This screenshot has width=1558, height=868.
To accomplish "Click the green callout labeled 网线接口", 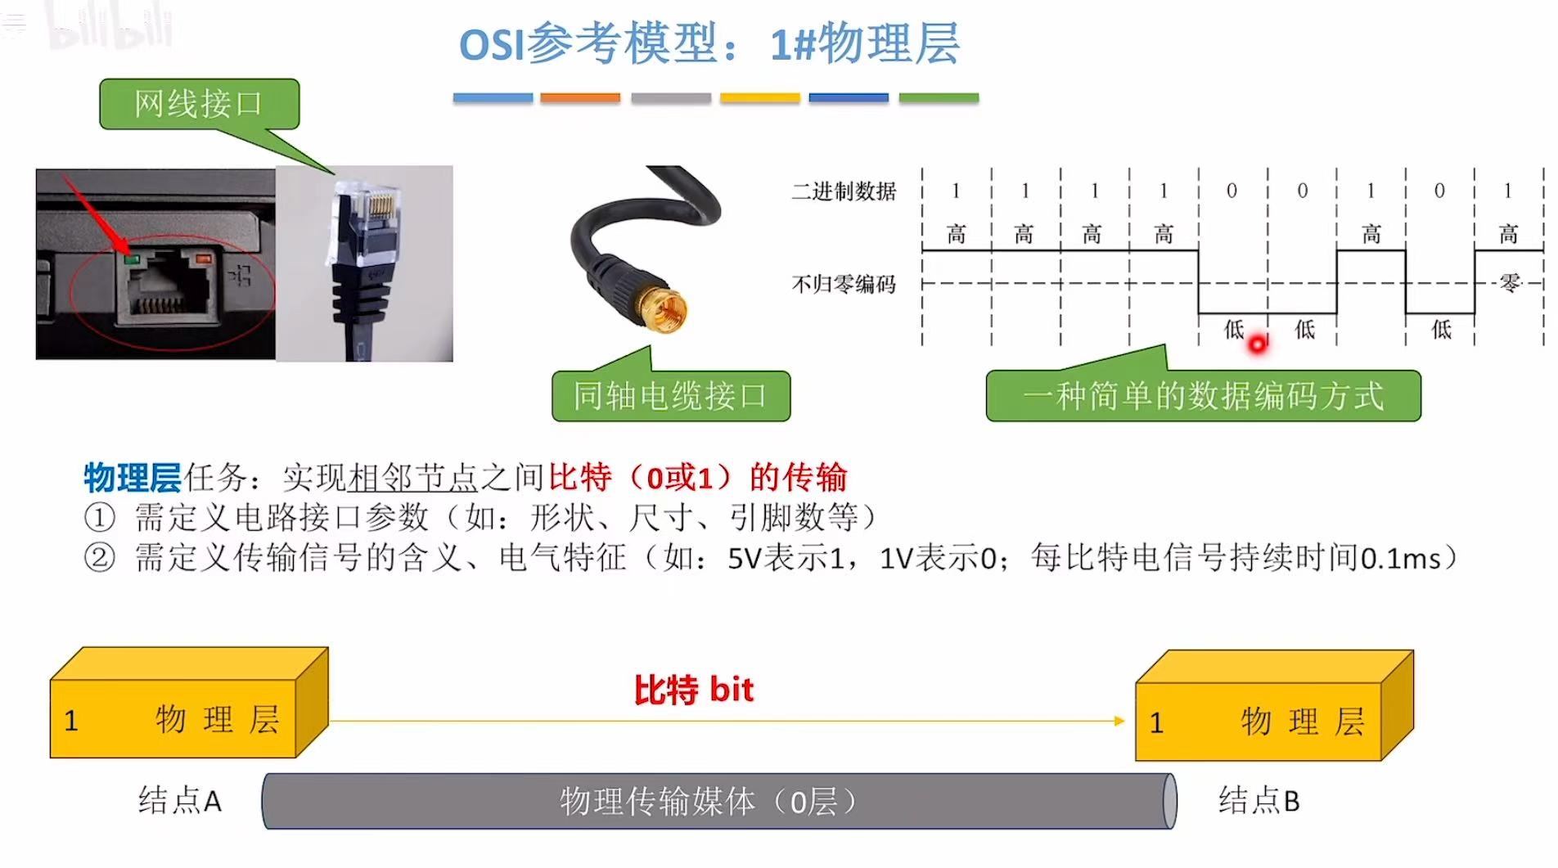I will (199, 104).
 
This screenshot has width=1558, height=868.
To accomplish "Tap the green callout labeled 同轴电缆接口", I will (670, 396).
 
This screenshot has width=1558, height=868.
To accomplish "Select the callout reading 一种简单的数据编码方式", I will (1202, 396).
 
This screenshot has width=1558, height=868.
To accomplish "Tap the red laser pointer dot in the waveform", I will (1257, 344).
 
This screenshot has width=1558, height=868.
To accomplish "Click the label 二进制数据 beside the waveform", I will (844, 191).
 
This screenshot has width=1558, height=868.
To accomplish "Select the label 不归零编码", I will (844, 285).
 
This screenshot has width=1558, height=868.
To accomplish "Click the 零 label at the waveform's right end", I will (1510, 283).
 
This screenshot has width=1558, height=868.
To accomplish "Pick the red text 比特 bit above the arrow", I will (693, 690).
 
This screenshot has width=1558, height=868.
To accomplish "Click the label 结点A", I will (180, 800).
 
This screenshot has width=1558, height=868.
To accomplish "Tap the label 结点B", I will (1259, 800).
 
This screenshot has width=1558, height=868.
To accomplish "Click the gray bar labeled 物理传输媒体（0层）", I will (718, 802).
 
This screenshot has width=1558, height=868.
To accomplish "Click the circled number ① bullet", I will (100, 518).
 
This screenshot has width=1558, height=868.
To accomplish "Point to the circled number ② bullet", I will (100, 558).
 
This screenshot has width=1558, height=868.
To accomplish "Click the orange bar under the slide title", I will (580, 98).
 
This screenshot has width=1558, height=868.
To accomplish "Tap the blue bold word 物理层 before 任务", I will (132, 477).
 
